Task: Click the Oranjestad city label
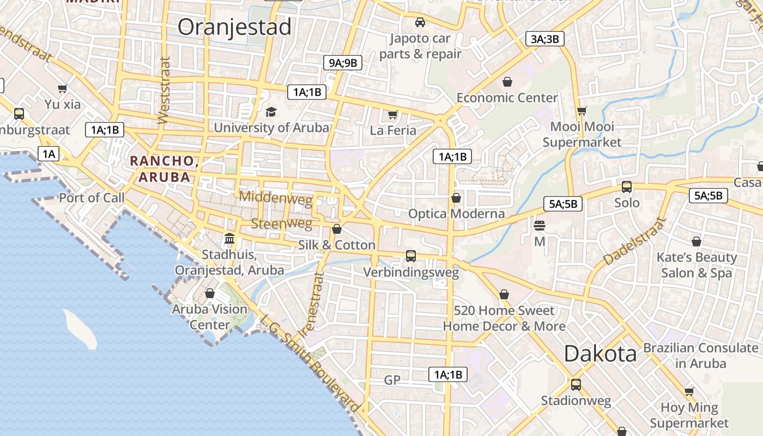coord(234,27)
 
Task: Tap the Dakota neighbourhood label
coord(600,354)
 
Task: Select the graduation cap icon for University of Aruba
coord(271,112)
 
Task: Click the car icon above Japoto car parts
coord(420,22)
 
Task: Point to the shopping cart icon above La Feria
coord(392,114)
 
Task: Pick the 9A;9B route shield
coord(342,63)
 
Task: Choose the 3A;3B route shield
coord(544,39)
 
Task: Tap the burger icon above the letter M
coord(540,225)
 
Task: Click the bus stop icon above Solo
coord(627,187)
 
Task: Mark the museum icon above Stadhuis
coord(229,239)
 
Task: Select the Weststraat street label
coord(163,90)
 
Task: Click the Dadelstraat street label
coord(635,243)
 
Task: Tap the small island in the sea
coord(80,329)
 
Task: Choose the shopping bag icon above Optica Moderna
coord(456,197)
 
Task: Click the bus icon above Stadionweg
coord(576,384)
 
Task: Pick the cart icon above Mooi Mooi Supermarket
coord(582,111)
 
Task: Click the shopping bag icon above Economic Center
coord(507,82)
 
